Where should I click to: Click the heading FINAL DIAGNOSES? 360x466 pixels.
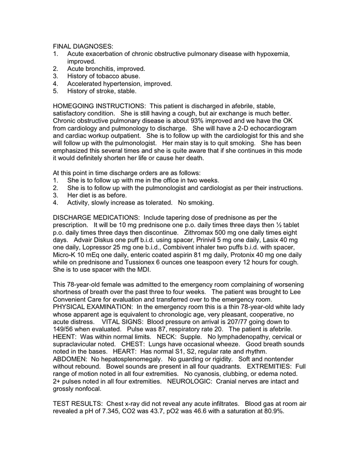pos(83,47)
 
